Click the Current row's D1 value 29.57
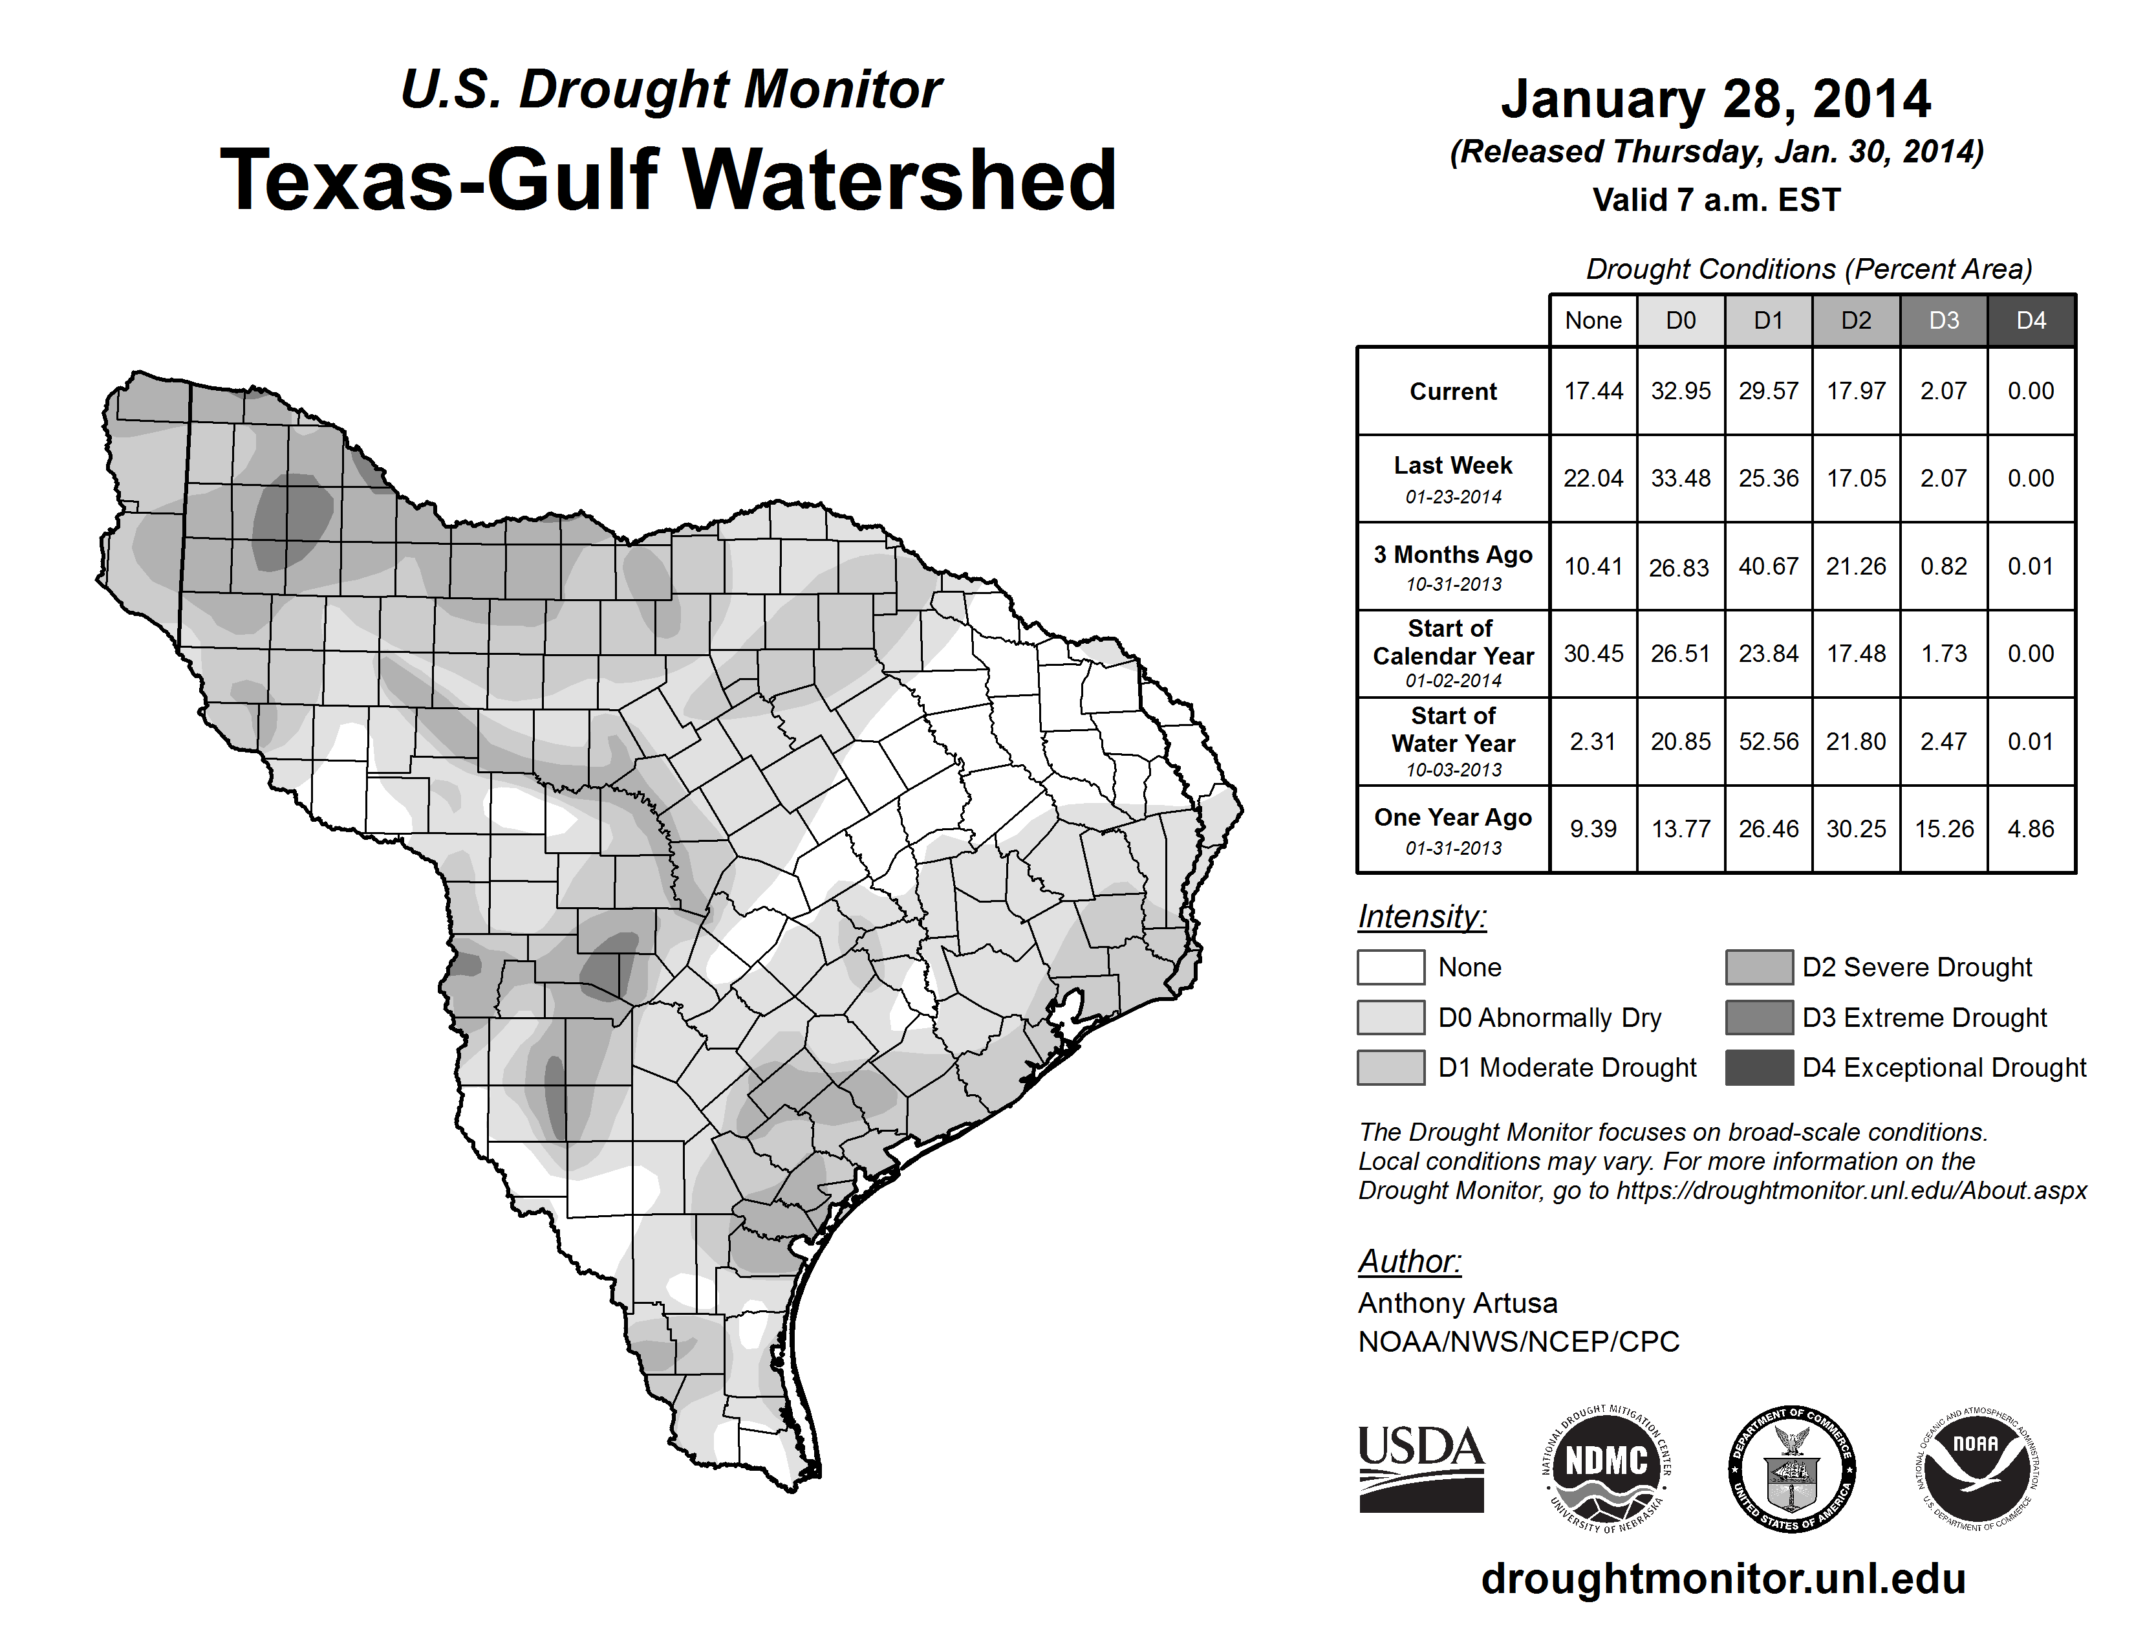(x=1769, y=391)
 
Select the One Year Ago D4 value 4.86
(x=2031, y=829)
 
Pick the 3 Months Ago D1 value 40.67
(x=1769, y=566)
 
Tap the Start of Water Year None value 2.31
(x=1593, y=742)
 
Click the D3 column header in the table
(x=1943, y=320)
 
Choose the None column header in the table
(x=1593, y=320)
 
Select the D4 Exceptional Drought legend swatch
(x=1759, y=1068)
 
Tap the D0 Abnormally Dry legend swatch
(x=1390, y=1018)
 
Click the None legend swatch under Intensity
(x=1390, y=967)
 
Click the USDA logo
(x=1421, y=1468)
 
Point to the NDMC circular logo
(x=1606, y=1468)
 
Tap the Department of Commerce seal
(x=1792, y=1468)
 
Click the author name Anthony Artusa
(x=1457, y=1303)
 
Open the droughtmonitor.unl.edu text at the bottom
(x=1723, y=1579)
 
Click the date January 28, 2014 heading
(x=1716, y=100)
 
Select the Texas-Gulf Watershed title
(x=669, y=180)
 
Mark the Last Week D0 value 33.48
(x=1681, y=478)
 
